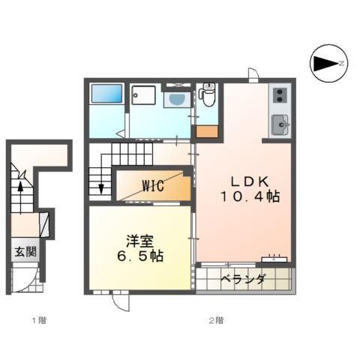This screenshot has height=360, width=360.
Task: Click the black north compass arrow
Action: (x=325, y=63)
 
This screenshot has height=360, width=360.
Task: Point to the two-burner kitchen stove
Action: (x=279, y=94)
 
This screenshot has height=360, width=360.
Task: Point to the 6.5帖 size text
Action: (x=141, y=256)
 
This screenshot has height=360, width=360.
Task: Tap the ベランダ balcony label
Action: (x=244, y=280)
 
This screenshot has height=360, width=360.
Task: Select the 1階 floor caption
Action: (x=38, y=320)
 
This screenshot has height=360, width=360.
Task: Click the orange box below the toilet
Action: (x=208, y=131)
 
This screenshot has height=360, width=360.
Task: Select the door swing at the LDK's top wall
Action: (x=254, y=74)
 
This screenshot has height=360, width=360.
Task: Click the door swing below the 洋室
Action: (x=120, y=300)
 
